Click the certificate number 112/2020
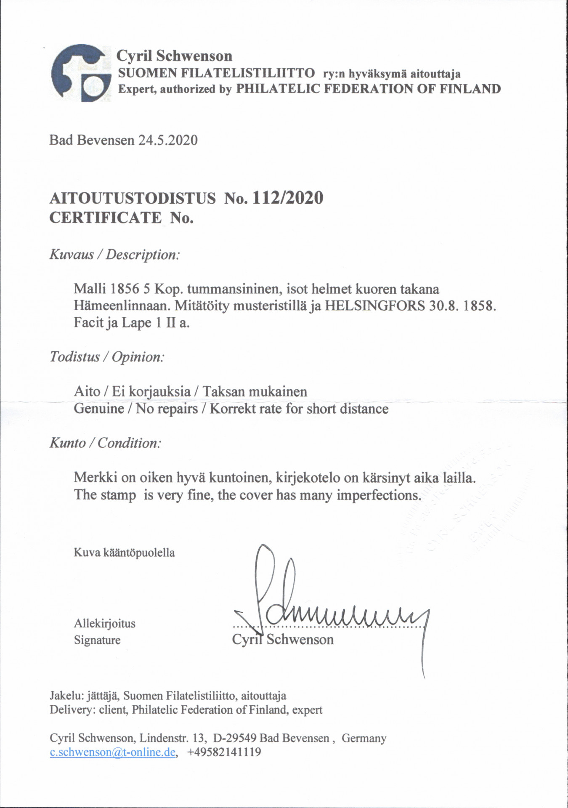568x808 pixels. [287, 198]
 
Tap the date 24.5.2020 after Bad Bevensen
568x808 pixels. [168, 140]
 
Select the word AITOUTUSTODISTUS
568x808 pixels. [133, 198]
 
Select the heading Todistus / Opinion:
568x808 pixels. [107, 357]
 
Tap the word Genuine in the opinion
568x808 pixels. [99, 409]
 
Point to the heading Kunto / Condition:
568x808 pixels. [105, 443]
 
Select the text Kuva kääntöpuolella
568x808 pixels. [124, 553]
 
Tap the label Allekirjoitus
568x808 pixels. [105, 623]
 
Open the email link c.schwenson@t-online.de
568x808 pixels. [112, 752]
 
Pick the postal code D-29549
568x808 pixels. [235, 738]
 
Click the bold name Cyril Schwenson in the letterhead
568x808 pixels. [174, 56]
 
